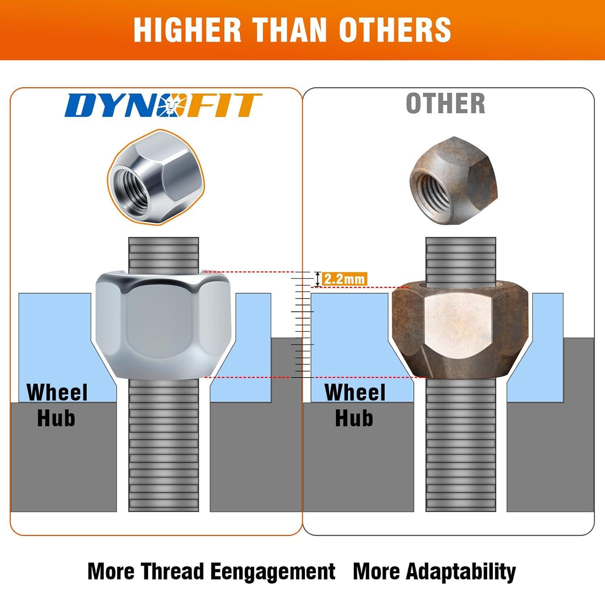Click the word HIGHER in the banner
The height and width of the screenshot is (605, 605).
coord(187,30)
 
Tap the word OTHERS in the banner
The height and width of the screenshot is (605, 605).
coord(395,30)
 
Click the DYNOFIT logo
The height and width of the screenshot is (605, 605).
coord(163,105)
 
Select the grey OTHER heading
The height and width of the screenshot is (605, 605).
coord(445,103)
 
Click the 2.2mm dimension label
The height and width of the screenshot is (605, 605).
coord(344,279)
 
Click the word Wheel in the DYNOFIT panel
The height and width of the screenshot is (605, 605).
coord(57,392)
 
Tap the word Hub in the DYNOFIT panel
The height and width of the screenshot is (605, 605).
coord(56,418)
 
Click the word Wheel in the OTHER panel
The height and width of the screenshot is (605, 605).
coord(355,392)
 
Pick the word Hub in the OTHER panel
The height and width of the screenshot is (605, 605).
coord(354,418)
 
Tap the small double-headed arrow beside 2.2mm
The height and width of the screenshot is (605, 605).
coord(318,279)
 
